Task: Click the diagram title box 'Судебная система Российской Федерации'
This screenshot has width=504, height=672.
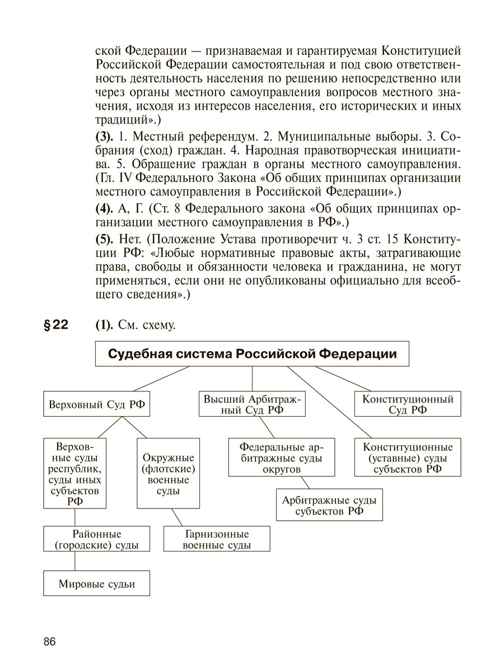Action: (x=252, y=354)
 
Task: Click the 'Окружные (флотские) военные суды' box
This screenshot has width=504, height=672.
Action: (x=169, y=473)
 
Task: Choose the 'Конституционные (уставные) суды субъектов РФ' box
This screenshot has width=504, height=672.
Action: (x=408, y=458)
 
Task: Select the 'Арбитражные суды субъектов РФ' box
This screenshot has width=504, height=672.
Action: (x=329, y=505)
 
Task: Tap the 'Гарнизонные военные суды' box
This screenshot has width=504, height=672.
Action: (x=216, y=539)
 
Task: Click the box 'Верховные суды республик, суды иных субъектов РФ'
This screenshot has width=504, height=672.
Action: (x=75, y=473)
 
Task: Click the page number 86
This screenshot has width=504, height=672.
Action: (x=49, y=642)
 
